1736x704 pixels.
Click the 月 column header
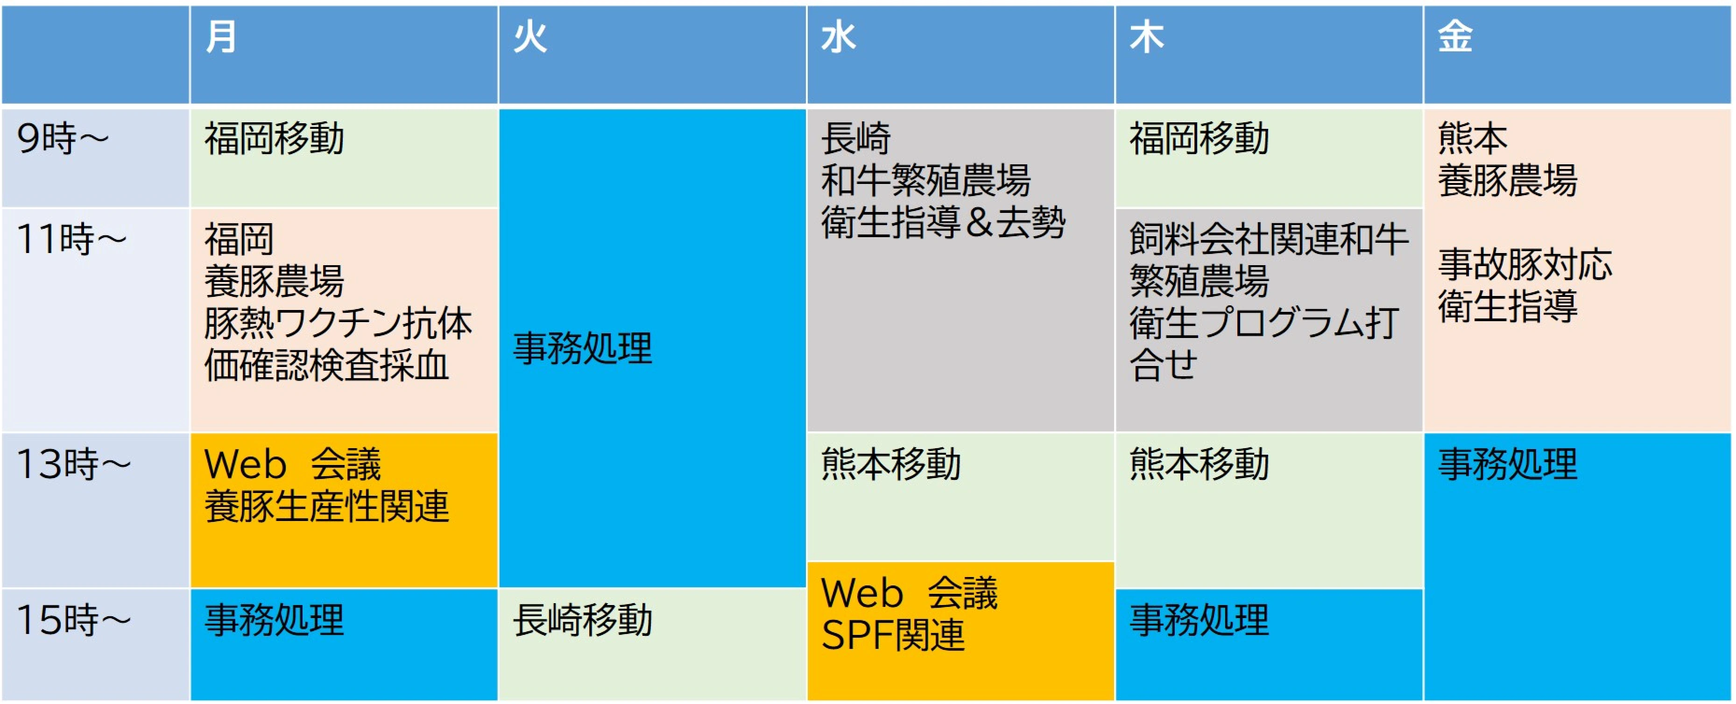(221, 36)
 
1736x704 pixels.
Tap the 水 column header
(838, 36)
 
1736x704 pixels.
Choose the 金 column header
(1455, 36)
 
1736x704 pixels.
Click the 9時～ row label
(63, 139)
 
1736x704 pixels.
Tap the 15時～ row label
(73, 620)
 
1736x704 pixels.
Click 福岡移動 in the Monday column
(274, 139)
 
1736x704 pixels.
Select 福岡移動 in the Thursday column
(1200, 139)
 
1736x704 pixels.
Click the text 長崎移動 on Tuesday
(583, 620)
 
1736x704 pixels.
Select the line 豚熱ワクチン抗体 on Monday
(339, 324)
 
